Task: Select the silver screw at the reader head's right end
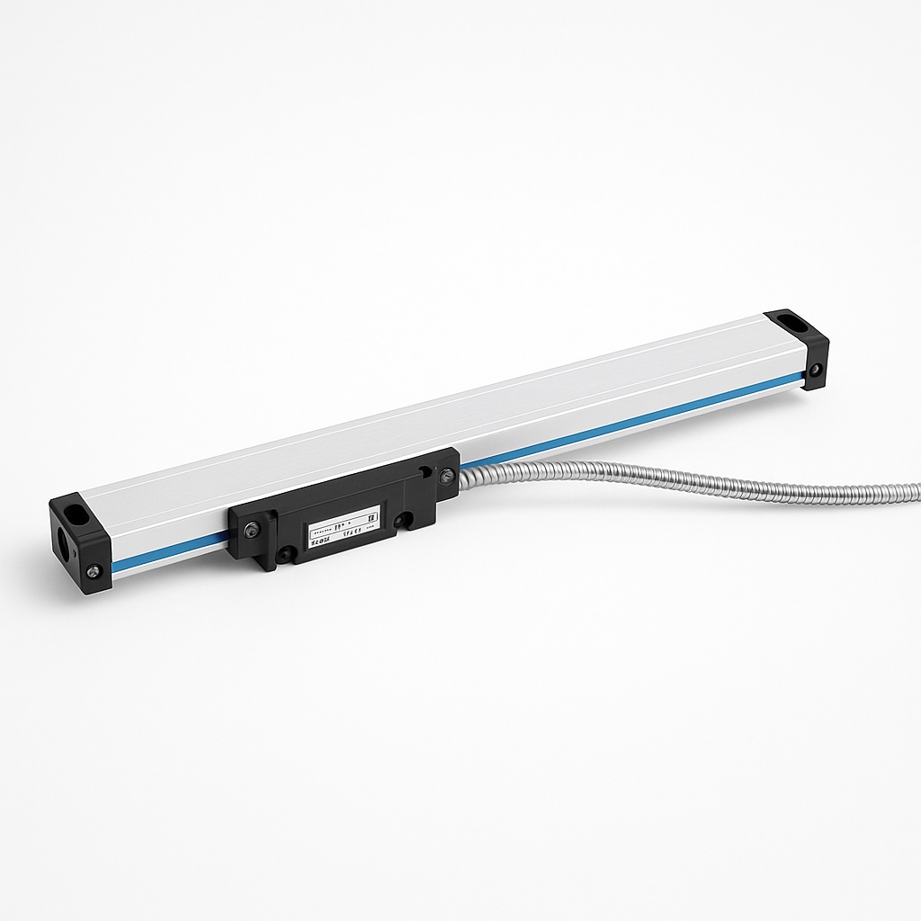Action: pyautogui.click(x=443, y=478)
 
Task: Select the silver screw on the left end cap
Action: pyautogui.click(x=93, y=568)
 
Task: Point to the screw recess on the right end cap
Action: pyautogui.click(x=815, y=370)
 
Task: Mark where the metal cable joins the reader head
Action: pyautogui.click(x=464, y=478)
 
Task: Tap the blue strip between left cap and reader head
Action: pyautogui.click(x=171, y=551)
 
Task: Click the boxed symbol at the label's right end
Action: pyautogui.click(x=369, y=519)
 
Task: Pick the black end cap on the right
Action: pyautogui.click(x=798, y=347)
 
